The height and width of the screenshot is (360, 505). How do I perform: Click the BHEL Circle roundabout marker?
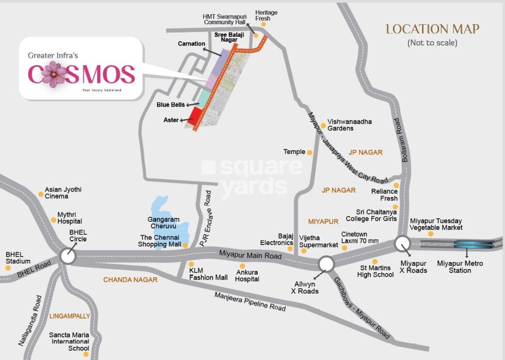point(68,256)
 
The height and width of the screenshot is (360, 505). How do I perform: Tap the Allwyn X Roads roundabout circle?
point(326,264)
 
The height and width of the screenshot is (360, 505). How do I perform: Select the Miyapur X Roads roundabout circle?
point(402,244)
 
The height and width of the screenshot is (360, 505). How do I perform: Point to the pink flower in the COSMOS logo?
point(54,74)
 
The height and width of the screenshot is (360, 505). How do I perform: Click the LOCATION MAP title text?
point(432,29)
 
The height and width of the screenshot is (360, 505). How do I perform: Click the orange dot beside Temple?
point(310,152)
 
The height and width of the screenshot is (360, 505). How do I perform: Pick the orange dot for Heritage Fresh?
point(263,24)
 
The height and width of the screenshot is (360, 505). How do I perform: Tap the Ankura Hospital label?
point(247,276)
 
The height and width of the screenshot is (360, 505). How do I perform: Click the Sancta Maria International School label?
point(70,342)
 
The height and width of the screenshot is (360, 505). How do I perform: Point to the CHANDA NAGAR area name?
point(130,280)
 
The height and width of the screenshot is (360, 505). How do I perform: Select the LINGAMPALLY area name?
point(70,316)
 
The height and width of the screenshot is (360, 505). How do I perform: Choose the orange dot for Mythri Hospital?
point(54,220)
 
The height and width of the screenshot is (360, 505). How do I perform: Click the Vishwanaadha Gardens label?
point(349,125)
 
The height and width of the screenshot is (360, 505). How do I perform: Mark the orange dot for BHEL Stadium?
point(8,268)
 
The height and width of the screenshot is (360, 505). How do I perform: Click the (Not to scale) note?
point(432,43)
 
